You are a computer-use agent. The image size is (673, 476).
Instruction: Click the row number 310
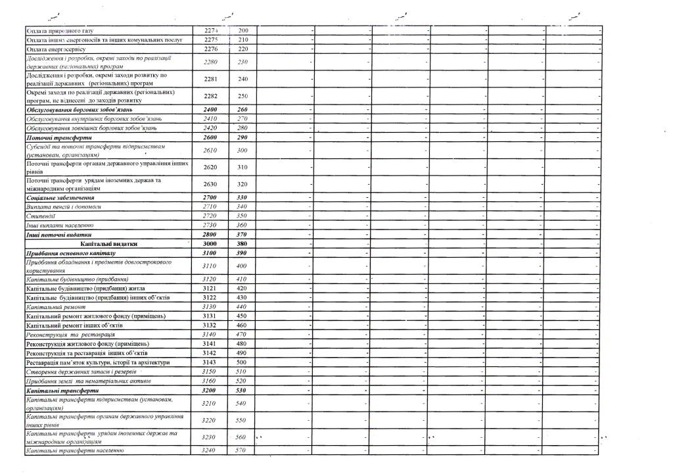point(243,167)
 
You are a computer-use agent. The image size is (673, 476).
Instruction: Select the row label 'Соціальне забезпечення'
point(60,197)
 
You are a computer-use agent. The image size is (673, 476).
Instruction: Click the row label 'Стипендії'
point(41,216)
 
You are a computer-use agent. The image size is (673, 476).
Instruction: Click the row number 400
point(243,266)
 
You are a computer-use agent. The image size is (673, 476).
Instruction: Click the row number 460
point(243,325)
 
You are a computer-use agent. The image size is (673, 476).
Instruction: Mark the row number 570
point(243,450)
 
